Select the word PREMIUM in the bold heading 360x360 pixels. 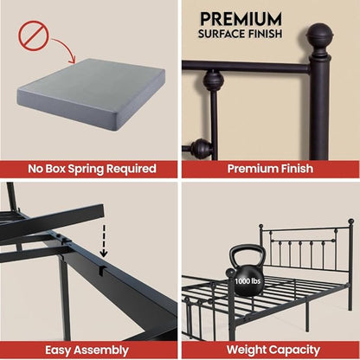tap(241, 18)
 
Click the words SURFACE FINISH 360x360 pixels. tap(241, 35)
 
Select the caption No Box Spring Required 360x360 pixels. tap(89, 168)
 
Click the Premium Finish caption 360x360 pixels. tap(270, 168)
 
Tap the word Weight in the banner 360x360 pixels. tap(245, 349)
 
